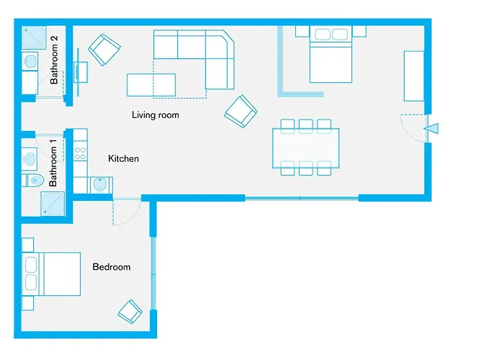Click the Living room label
click(x=155, y=115)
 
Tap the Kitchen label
click(x=123, y=158)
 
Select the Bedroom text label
click(x=112, y=267)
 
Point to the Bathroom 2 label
click(x=54, y=64)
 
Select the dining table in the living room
click(x=305, y=148)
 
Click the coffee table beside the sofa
click(x=151, y=84)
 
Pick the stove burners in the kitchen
click(x=80, y=154)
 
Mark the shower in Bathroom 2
click(x=33, y=37)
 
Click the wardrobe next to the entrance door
click(x=413, y=76)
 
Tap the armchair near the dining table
click(x=240, y=111)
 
